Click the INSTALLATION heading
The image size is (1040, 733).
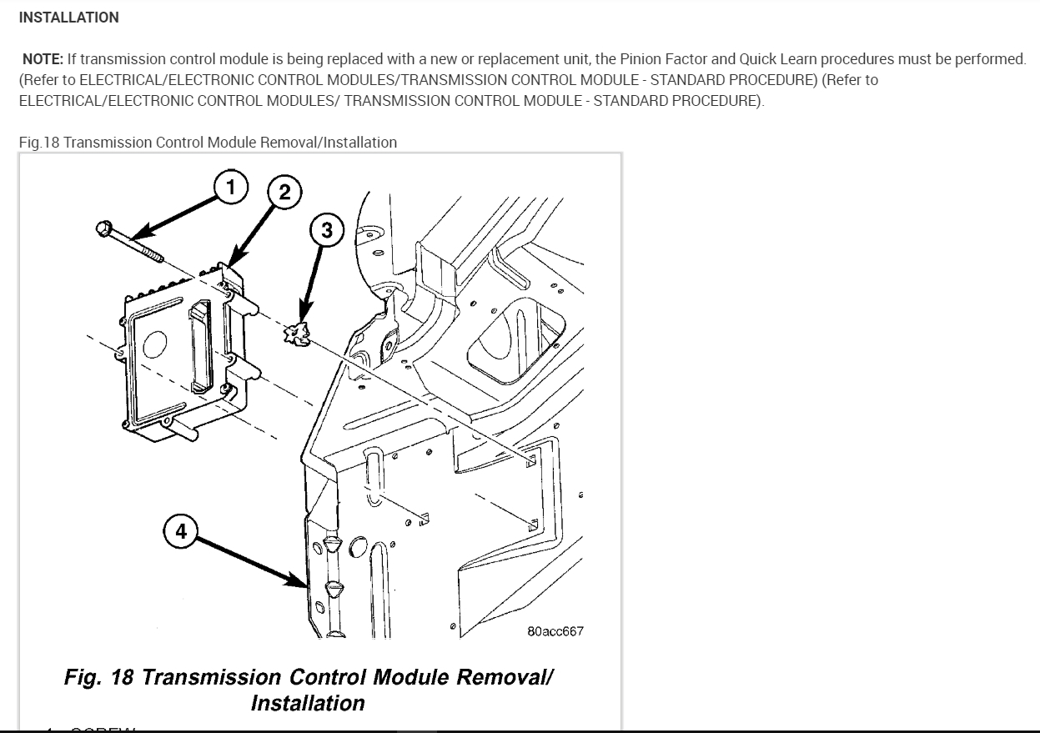pyautogui.click(x=68, y=18)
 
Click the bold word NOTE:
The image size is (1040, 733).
pyautogui.click(x=43, y=59)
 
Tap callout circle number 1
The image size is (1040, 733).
pyautogui.click(x=231, y=187)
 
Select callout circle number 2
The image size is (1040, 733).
pyautogui.click(x=284, y=193)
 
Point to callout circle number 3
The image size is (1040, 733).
pyautogui.click(x=326, y=230)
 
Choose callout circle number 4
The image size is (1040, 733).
pyautogui.click(x=181, y=530)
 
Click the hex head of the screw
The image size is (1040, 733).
pyautogui.click(x=103, y=228)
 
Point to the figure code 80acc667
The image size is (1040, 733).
pyautogui.click(x=555, y=631)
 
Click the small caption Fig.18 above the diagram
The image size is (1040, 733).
pyautogui.click(x=40, y=143)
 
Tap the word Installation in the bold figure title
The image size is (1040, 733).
pyautogui.click(x=308, y=703)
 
